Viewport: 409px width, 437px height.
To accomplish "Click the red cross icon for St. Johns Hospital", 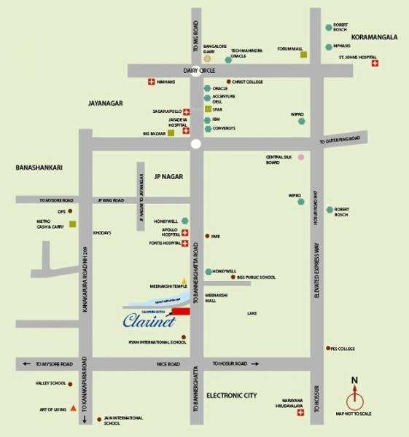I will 375,64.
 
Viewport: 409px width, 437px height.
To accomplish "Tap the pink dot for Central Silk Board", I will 300,158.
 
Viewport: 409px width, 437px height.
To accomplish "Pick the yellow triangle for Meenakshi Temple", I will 184,280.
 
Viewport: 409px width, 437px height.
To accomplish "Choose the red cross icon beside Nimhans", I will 151,82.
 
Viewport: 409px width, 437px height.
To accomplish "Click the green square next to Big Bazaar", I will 171,133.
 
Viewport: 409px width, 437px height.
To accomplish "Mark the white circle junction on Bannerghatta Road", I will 195,145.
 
